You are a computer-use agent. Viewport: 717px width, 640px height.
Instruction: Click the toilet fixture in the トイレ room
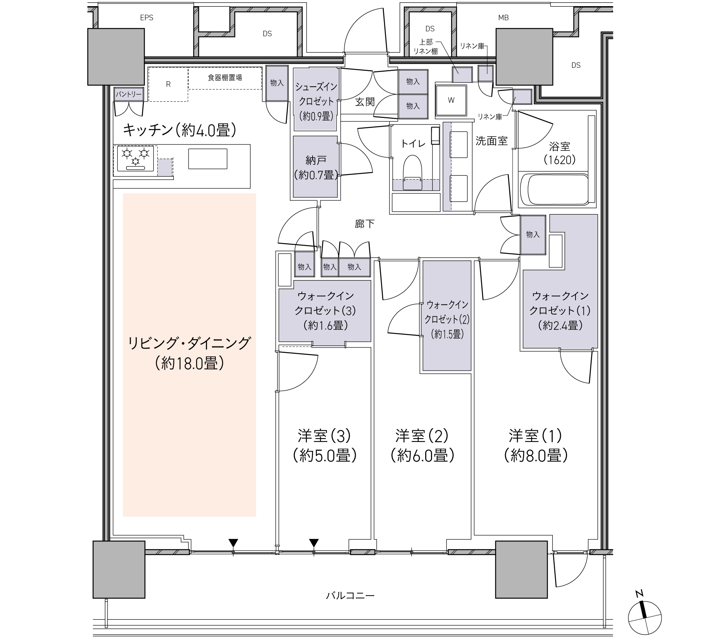click(x=412, y=173)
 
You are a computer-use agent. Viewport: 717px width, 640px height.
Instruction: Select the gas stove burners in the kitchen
click(x=135, y=158)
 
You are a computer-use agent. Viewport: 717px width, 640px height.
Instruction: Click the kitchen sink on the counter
click(x=207, y=159)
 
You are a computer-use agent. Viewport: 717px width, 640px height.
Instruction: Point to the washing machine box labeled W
click(x=451, y=100)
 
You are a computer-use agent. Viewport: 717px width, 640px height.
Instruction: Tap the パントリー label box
click(x=128, y=94)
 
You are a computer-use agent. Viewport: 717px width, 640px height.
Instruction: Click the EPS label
click(x=146, y=18)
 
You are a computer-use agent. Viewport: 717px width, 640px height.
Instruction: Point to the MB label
click(x=503, y=18)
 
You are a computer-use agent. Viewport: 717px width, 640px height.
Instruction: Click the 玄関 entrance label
click(x=365, y=102)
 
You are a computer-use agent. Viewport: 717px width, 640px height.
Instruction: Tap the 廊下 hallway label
click(x=365, y=223)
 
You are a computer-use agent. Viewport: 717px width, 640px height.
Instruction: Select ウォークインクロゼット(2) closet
click(x=447, y=316)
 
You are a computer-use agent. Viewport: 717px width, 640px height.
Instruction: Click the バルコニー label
click(x=350, y=596)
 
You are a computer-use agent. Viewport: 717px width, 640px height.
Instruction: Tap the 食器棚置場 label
click(x=225, y=77)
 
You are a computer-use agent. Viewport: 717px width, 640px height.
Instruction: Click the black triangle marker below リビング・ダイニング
click(x=233, y=543)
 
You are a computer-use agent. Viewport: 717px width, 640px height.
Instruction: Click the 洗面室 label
click(x=491, y=141)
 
